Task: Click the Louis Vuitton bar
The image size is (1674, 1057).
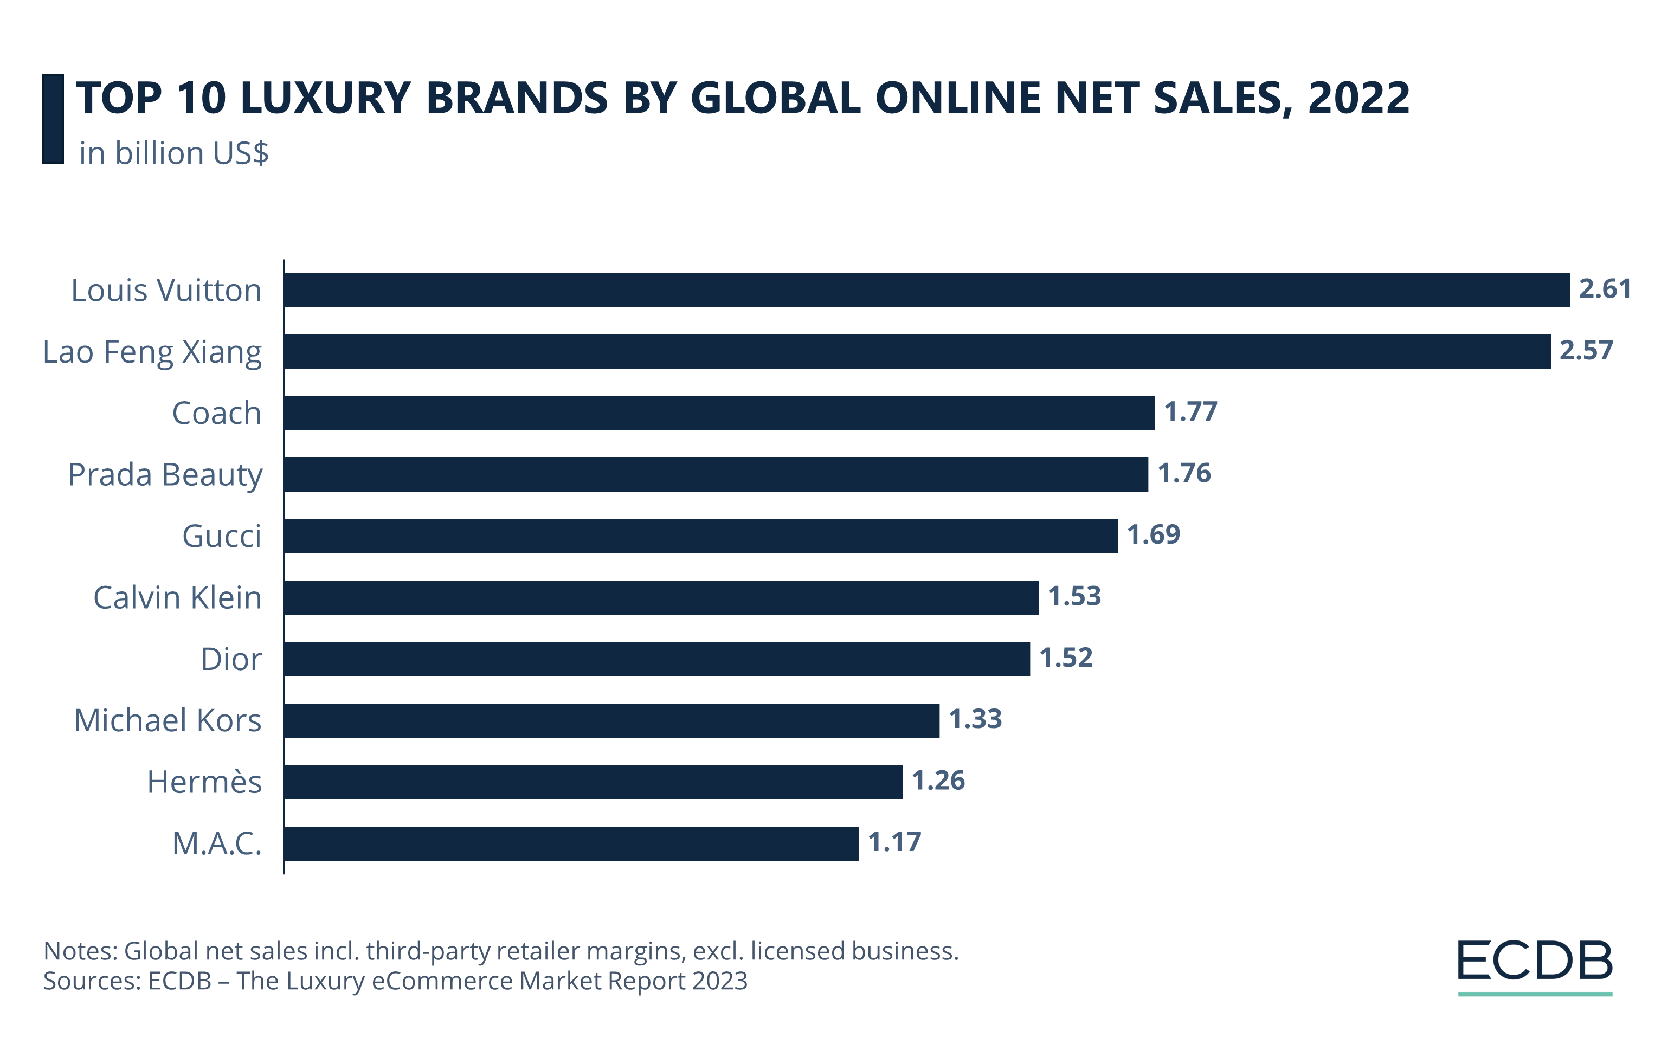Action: pyautogui.click(x=926, y=290)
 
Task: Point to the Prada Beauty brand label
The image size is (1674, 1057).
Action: pyautogui.click(x=165, y=475)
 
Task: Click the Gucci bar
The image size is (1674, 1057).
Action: pyautogui.click(x=700, y=536)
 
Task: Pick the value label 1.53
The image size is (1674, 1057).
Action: pyautogui.click(x=1074, y=596)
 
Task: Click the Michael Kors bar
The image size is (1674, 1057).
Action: pyautogui.click(x=611, y=720)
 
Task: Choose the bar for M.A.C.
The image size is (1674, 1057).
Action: pyautogui.click(x=571, y=843)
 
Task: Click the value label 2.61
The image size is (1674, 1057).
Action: pyautogui.click(x=1605, y=288)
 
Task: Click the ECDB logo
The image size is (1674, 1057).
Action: pyautogui.click(x=1534, y=966)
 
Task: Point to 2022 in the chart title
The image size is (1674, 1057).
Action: pyautogui.click(x=1358, y=98)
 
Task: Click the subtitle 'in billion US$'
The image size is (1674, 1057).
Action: pyautogui.click(x=174, y=153)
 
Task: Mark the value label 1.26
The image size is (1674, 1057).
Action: pyautogui.click(x=938, y=781)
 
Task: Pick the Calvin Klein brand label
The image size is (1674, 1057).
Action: pyautogui.click(x=177, y=598)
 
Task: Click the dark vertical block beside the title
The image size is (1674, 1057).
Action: pyautogui.click(x=53, y=119)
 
